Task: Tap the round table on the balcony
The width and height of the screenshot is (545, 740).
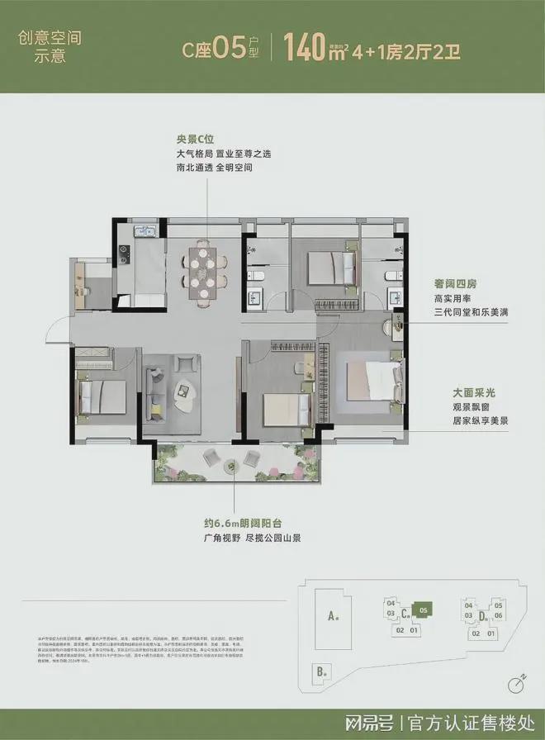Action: coord(211,458)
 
